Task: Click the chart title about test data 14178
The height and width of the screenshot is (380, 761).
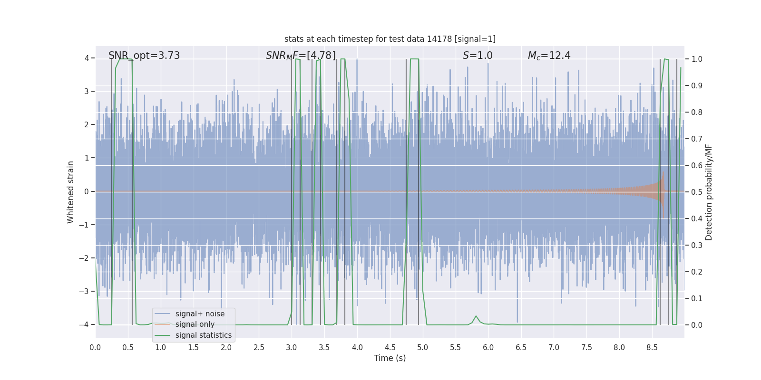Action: point(390,39)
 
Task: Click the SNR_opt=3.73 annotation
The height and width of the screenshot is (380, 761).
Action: point(144,56)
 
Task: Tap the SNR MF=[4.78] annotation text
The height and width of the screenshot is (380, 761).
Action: point(301,56)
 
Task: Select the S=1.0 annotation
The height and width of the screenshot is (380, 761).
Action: point(478,56)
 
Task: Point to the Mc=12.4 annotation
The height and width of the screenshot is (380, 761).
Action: point(549,56)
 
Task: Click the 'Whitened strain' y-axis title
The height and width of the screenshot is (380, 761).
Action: point(71,192)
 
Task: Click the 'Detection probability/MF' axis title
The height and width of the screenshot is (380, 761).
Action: point(709,192)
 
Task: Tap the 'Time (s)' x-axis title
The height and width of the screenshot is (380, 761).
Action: point(390,358)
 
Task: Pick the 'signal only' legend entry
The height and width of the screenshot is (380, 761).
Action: point(195,324)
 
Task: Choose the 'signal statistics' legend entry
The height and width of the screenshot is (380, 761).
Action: point(203,335)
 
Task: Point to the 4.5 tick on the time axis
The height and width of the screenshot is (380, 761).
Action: point(390,347)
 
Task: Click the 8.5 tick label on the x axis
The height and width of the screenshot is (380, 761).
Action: point(652,347)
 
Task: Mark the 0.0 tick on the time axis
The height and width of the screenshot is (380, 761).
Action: point(95,347)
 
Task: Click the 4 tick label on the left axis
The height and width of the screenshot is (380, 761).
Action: point(87,58)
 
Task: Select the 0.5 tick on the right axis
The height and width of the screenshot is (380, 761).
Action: point(697,192)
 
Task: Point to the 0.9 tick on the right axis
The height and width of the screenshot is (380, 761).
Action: point(697,86)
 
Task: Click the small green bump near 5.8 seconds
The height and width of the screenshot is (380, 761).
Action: point(476,316)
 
